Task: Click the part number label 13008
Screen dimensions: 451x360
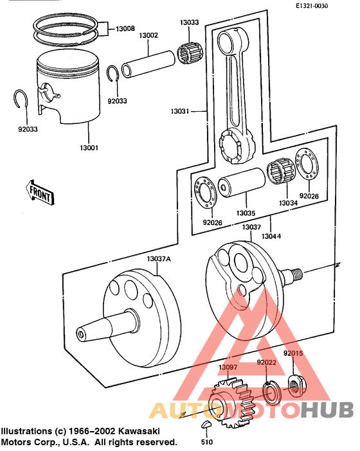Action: point(125,30)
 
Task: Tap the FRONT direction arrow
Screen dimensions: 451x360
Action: point(39,191)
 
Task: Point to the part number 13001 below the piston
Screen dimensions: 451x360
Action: point(88,148)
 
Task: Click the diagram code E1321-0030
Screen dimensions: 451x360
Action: point(311,6)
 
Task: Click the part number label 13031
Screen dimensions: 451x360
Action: point(181,111)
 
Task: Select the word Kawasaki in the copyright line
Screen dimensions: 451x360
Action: point(140,430)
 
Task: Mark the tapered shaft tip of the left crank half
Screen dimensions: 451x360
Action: point(82,333)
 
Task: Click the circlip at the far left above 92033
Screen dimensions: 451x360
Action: point(21,101)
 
